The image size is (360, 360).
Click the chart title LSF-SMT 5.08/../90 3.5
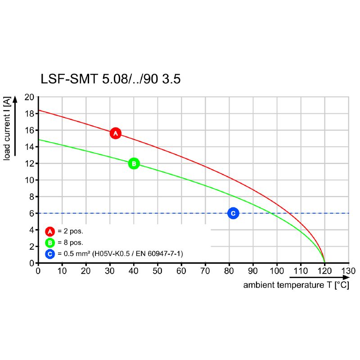coord(111,79)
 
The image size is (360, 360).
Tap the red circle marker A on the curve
coord(115,133)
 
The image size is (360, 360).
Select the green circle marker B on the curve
coord(134,163)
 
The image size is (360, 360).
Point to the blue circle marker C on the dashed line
coord(233,213)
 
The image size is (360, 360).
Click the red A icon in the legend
coord(50,232)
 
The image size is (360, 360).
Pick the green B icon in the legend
coord(50,243)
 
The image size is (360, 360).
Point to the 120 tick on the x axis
coord(324,271)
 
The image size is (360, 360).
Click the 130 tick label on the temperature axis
coord(348,271)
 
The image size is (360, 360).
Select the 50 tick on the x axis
coord(157,271)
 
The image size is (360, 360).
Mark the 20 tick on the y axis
coord(29,97)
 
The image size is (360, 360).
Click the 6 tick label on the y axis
coord(32,213)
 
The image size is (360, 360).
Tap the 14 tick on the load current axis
coord(29,147)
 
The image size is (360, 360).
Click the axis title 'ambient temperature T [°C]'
coord(296,285)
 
